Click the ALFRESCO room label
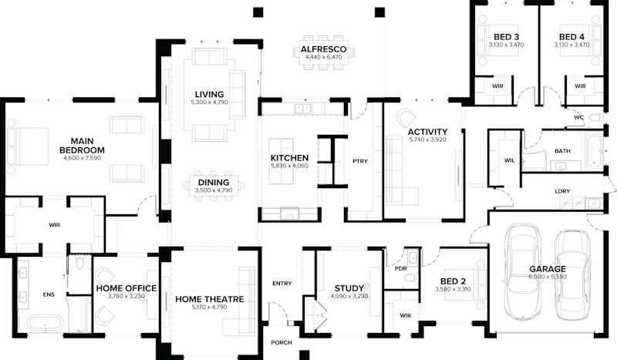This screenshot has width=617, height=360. (322, 50)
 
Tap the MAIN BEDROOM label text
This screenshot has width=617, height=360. (82, 146)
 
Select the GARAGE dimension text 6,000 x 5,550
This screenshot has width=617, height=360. (548, 276)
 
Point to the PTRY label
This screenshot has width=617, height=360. (359, 161)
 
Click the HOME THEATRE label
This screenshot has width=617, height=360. (210, 299)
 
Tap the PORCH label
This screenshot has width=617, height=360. (281, 344)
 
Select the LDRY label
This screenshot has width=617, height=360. (562, 191)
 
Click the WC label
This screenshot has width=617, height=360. (578, 117)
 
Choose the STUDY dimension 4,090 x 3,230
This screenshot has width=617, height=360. (349, 296)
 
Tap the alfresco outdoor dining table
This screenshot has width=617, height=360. (322, 56)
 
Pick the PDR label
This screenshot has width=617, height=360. (400, 269)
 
